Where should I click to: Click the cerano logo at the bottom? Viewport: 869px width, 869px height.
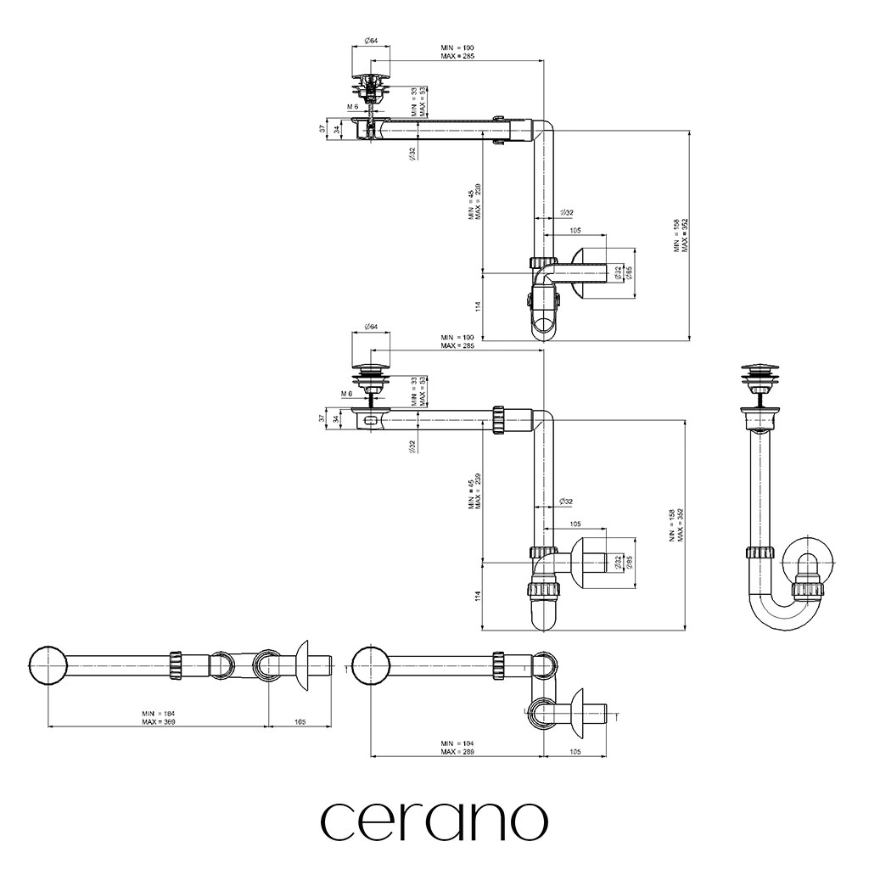click(434, 820)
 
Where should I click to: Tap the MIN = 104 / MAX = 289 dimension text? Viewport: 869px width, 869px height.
click(457, 746)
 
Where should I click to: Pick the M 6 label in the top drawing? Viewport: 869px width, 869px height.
click(352, 107)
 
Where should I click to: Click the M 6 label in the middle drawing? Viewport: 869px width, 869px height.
click(347, 395)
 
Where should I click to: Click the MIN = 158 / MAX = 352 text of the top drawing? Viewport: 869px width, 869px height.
click(681, 235)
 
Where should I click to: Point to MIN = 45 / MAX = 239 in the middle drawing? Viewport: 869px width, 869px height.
click(474, 491)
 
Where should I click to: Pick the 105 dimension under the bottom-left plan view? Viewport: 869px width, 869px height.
click(300, 721)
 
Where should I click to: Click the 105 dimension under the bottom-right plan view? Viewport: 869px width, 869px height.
click(575, 752)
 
